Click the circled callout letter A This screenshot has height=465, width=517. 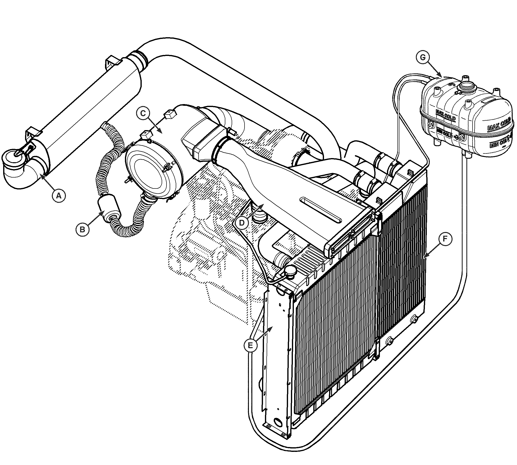click(59, 196)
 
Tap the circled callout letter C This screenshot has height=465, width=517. click(143, 113)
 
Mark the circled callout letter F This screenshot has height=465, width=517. click(445, 239)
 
